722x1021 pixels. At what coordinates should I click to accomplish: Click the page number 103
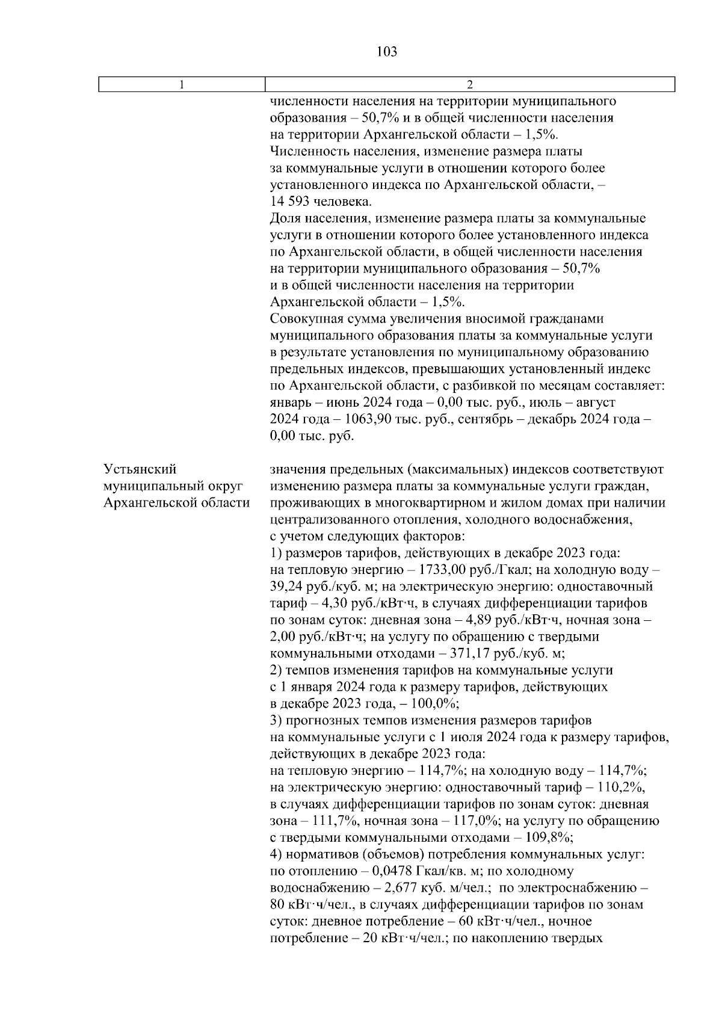pos(386,52)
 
